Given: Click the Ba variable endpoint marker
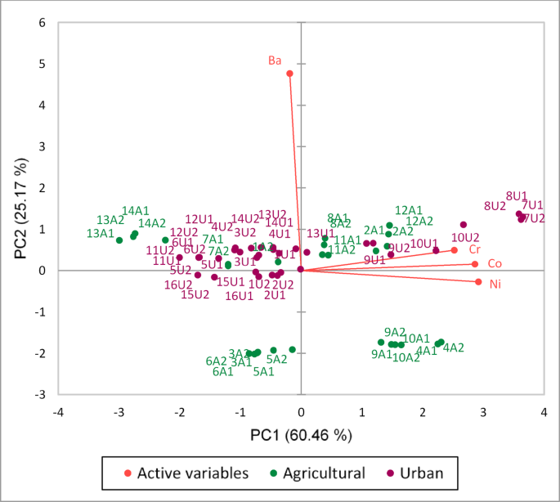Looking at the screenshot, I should pyautogui.click(x=289, y=74).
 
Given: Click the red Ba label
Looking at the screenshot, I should pyautogui.click(x=276, y=61).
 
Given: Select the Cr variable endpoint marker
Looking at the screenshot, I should pyautogui.click(x=455, y=250).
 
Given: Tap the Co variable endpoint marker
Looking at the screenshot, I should pyautogui.click(x=474, y=264).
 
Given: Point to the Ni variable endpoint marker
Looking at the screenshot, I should pyautogui.click(x=479, y=282).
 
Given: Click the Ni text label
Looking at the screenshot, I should pyautogui.click(x=495, y=285).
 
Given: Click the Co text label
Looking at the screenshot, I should pyautogui.click(x=495, y=264).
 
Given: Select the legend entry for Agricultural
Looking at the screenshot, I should pyautogui.click(x=318, y=473).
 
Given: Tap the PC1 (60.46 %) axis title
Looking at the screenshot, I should pyautogui.click(x=300, y=435).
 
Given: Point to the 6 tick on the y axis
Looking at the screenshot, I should pyautogui.click(x=42, y=23).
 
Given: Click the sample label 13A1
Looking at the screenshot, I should pyautogui.click(x=100, y=234).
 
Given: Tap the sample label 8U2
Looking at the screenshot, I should pyautogui.click(x=495, y=206).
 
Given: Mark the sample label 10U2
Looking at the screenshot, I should pyautogui.click(x=465, y=237).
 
